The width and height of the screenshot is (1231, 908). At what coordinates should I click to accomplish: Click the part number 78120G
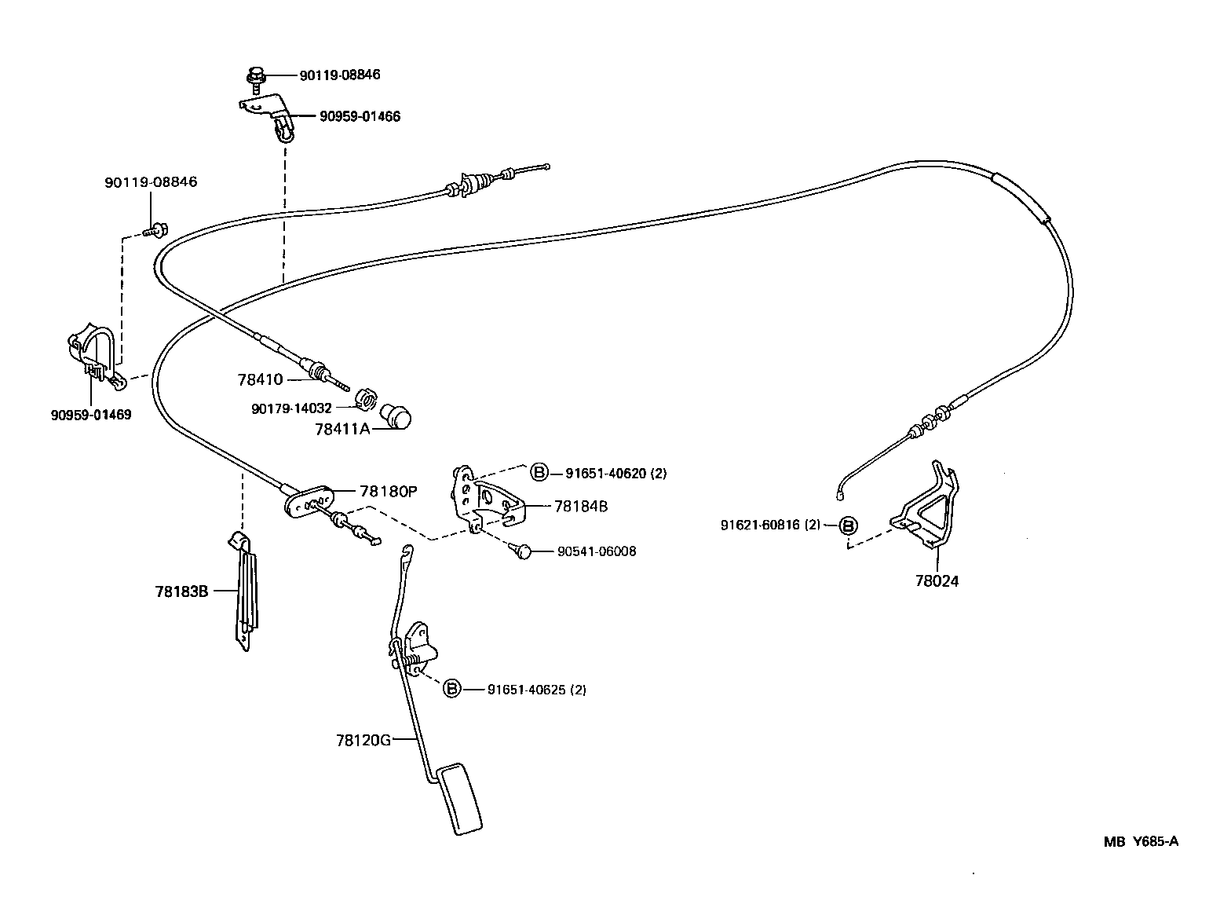coord(363,740)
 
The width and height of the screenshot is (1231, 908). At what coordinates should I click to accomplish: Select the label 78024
coord(937,581)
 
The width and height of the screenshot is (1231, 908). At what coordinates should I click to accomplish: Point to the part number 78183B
coord(181,591)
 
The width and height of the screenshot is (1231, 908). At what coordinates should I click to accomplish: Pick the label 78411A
coord(342,430)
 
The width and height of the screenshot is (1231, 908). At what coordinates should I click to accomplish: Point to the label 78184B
coord(581,507)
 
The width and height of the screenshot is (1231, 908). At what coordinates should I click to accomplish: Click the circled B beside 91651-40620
coord(539,473)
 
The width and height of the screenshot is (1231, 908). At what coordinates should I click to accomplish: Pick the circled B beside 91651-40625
coord(451,689)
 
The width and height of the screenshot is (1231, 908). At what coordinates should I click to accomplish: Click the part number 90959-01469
coord(91,415)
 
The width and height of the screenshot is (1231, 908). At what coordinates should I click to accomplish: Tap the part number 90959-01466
coord(360,117)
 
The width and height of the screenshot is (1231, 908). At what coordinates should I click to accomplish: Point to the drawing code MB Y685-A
coord(1140,842)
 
